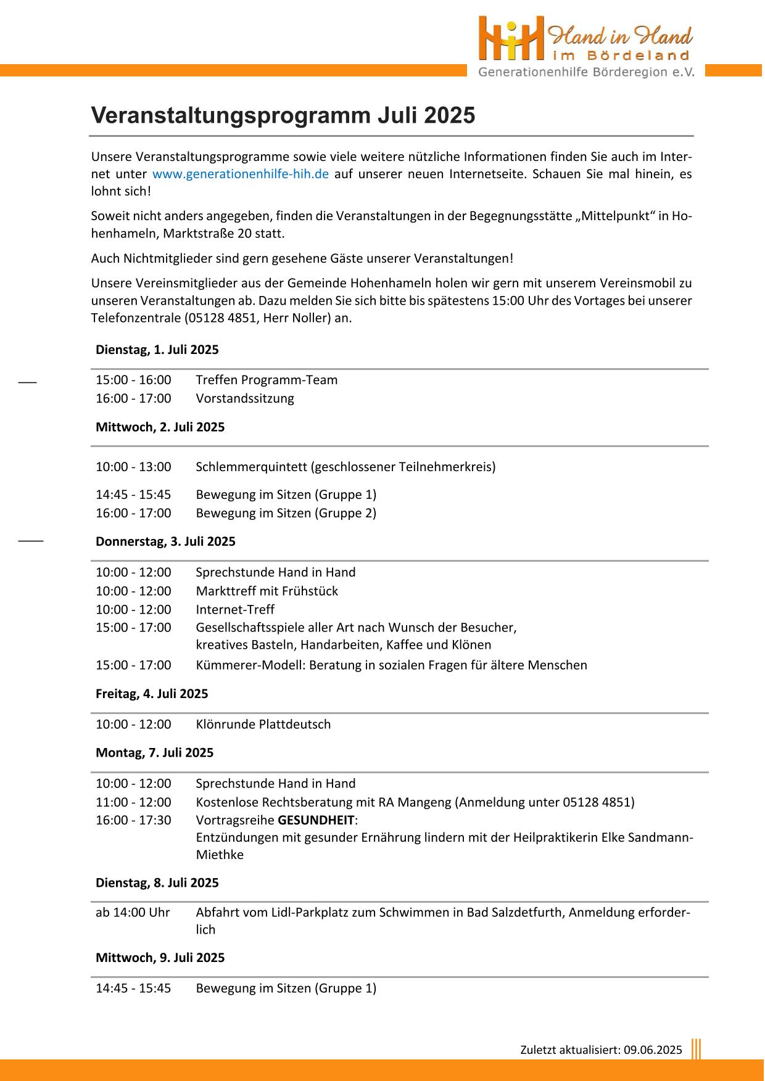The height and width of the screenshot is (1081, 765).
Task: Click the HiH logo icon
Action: (x=511, y=38)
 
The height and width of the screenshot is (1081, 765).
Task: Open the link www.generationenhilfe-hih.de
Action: (x=240, y=174)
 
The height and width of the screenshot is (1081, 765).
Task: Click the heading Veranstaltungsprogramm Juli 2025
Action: (x=283, y=115)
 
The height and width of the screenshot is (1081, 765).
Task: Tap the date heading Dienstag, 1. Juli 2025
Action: (x=157, y=350)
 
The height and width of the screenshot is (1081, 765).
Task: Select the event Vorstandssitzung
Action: (x=245, y=398)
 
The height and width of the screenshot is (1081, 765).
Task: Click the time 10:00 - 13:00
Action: (x=133, y=467)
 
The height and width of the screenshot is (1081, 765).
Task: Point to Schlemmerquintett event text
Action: (x=345, y=467)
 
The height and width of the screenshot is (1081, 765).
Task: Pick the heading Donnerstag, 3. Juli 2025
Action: (x=165, y=541)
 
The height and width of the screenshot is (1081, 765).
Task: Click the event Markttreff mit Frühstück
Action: (x=267, y=591)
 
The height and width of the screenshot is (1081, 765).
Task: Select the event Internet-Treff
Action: (x=235, y=609)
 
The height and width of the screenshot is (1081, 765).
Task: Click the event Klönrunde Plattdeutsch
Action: (x=263, y=724)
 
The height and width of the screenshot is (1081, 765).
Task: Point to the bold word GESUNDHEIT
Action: (x=316, y=820)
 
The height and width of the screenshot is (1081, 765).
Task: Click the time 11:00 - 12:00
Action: (x=133, y=802)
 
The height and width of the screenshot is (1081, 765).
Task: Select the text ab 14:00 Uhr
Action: (x=133, y=912)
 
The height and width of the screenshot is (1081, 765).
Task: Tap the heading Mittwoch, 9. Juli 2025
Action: (x=160, y=958)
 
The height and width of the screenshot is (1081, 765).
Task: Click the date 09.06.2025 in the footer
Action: (x=653, y=1050)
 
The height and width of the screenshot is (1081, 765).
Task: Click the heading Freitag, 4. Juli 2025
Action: (x=152, y=694)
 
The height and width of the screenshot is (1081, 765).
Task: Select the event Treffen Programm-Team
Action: (x=267, y=380)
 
